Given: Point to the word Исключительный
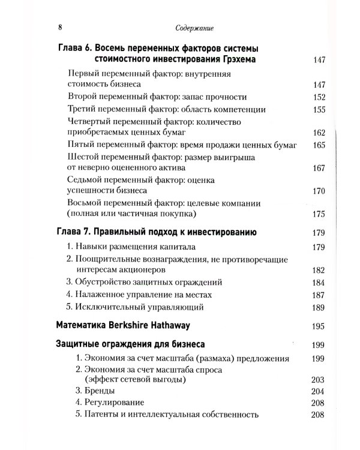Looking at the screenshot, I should tap(112, 308).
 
